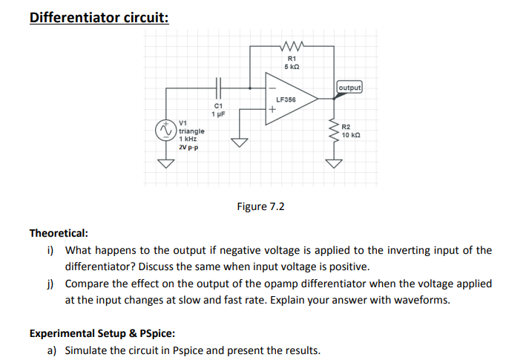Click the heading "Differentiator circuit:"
(x=99, y=16)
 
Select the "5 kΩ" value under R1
(x=291, y=67)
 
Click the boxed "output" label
(x=349, y=88)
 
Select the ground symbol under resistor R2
(x=335, y=163)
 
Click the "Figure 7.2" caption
(x=260, y=206)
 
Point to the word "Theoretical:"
(x=59, y=233)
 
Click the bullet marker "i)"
(x=50, y=250)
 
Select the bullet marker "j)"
(x=50, y=284)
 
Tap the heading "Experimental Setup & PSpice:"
(x=102, y=333)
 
